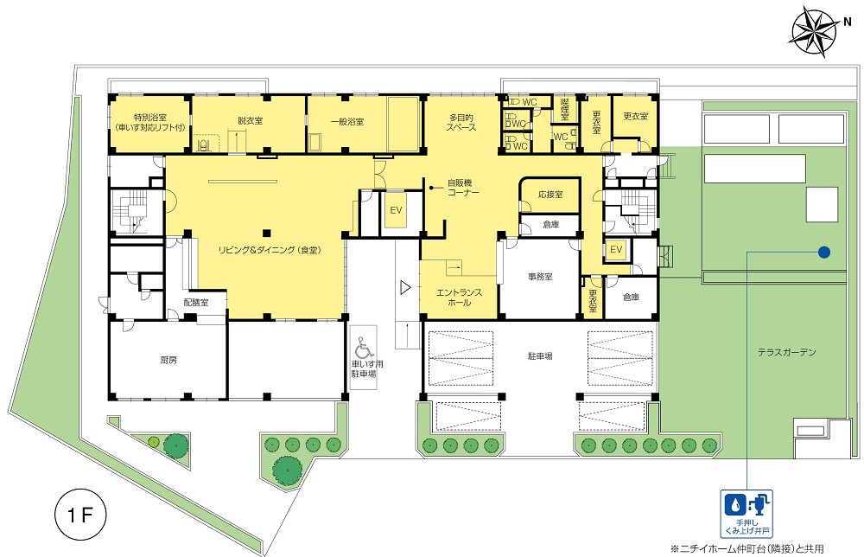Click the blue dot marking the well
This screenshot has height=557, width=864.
pos(824,252)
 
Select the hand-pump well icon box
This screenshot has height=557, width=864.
pos(746,514)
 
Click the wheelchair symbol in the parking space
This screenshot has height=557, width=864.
pos(363,347)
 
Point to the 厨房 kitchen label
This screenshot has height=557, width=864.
pos(168,360)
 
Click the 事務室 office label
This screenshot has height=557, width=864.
pos(540,277)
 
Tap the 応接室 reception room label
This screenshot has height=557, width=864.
pos(550,195)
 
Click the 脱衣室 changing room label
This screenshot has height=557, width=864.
pos(251,121)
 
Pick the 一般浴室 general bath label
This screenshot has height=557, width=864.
pos(347,121)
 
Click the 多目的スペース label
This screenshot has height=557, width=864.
pos(461,123)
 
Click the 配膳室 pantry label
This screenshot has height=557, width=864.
pos(196,303)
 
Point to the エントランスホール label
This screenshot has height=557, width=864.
pos(459,298)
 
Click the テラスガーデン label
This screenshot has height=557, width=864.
pos(786,352)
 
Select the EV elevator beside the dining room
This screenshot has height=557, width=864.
pos(396,210)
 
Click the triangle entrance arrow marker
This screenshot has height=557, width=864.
pos(405,287)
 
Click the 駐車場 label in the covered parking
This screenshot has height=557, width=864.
pos(540,356)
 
